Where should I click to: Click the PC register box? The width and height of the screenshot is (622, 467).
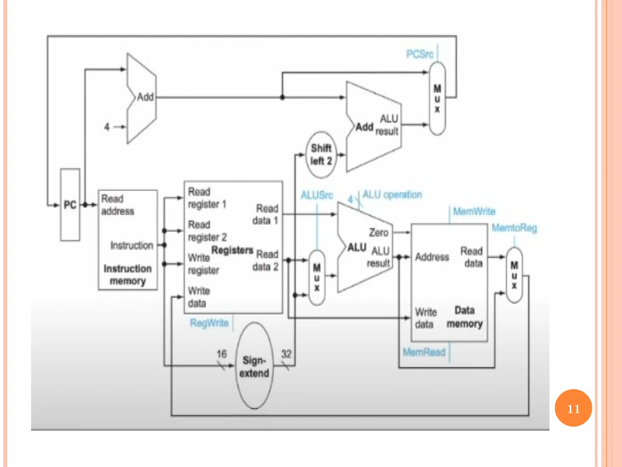click(x=70, y=205)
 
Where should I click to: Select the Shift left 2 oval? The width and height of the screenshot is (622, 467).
click(x=321, y=154)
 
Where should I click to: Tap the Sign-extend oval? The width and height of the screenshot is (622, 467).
click(x=254, y=366)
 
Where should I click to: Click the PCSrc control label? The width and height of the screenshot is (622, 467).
click(x=420, y=54)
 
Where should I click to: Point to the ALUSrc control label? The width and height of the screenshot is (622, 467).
click(x=317, y=195)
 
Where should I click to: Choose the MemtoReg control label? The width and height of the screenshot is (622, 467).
click(x=514, y=228)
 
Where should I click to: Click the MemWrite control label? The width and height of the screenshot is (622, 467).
click(x=474, y=211)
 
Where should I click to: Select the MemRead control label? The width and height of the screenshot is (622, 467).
click(x=424, y=352)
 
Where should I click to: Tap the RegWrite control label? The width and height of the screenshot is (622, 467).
click(x=209, y=323)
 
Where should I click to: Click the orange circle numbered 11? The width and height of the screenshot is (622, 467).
click(x=573, y=408)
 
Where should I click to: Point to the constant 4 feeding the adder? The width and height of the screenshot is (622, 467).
click(x=107, y=126)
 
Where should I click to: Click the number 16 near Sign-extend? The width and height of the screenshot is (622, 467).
click(x=221, y=354)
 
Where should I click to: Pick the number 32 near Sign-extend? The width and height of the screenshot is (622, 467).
click(x=286, y=354)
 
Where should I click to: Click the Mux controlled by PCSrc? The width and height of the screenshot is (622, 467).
click(x=437, y=98)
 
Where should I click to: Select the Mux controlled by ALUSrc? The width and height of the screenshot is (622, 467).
click(x=317, y=277)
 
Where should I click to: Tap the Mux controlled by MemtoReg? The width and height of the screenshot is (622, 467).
click(x=514, y=275)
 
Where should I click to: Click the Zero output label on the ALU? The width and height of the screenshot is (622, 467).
click(x=378, y=233)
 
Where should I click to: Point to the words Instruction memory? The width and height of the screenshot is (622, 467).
click(x=128, y=275)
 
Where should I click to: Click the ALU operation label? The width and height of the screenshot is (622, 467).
click(x=392, y=195)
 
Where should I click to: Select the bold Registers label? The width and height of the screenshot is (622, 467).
click(x=232, y=250)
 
